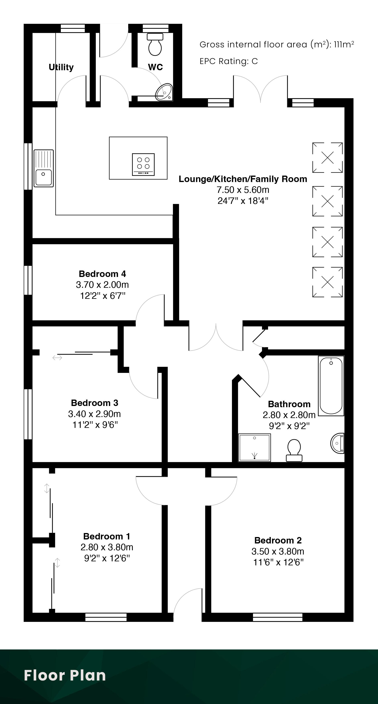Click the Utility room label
point(61,67)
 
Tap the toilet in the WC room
point(155,44)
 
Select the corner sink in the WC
point(164,92)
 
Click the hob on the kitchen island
point(143,164)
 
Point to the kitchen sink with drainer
point(44,168)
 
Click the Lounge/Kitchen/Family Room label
point(243,179)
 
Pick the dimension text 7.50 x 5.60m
point(243,190)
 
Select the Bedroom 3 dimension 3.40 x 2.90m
point(94,414)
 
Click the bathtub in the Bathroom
point(331,386)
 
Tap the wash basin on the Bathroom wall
point(337,443)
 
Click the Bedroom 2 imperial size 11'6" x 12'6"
point(278,562)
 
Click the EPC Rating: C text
point(229,61)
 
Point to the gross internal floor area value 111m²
point(344,44)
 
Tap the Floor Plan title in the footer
point(65,675)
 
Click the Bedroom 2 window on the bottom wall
point(278,617)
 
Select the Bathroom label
point(289,404)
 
